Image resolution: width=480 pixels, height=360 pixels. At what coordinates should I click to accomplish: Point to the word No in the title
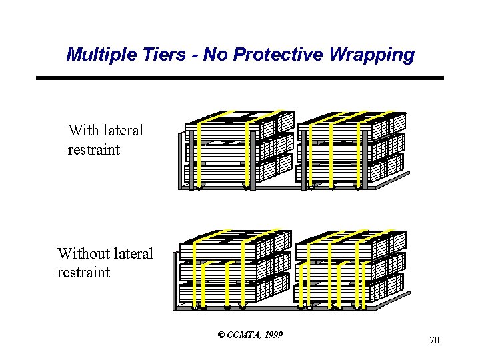pos(215,55)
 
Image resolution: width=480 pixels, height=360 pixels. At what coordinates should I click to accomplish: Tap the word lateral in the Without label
pos(131,253)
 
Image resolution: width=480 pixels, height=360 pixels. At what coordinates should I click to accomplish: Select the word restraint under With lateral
pos(94,149)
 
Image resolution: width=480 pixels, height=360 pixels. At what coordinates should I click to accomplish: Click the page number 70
pos(434,340)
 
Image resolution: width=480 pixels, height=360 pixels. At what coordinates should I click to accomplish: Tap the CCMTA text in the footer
pos(243,334)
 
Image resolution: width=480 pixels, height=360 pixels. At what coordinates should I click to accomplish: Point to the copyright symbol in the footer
pos(221,334)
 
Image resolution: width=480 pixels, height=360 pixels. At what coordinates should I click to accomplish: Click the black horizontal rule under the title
pos(240,78)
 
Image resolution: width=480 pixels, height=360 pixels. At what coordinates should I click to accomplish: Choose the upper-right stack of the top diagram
pos(350,150)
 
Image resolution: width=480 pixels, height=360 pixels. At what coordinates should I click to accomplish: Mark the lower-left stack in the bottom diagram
pos(234,270)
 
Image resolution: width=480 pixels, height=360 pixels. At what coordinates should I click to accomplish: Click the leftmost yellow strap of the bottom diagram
pos(194,273)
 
